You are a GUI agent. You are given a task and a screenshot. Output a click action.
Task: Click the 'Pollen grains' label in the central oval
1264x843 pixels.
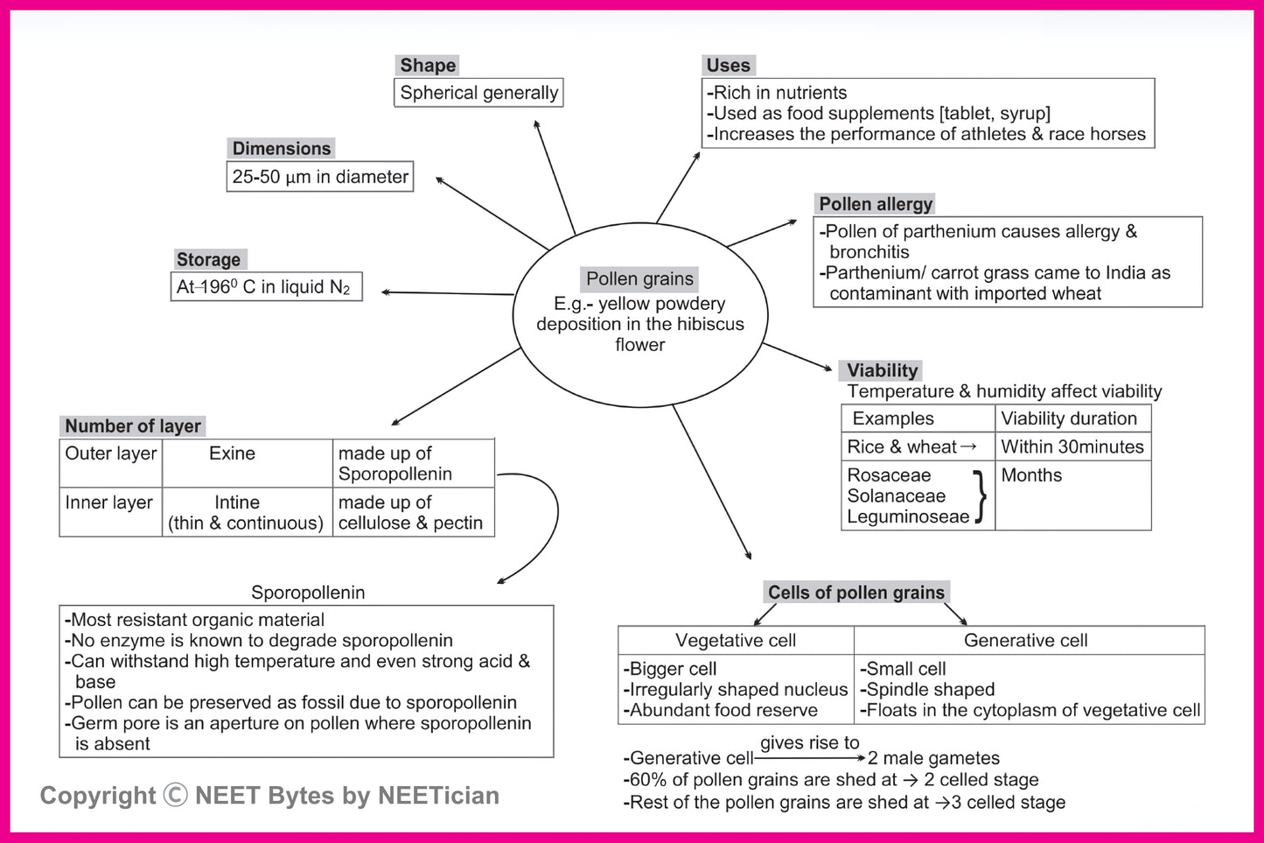pos(639,278)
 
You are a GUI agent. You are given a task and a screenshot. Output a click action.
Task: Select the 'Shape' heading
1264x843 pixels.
pos(428,66)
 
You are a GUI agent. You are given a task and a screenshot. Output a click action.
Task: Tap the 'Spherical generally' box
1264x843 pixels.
pos(478,93)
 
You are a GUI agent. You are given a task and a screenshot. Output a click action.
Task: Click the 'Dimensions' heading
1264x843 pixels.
pos(282,148)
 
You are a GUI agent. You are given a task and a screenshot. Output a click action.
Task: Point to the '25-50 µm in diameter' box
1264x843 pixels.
pos(319,177)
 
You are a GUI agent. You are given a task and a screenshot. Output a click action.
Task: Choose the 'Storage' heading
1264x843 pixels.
pos(208,259)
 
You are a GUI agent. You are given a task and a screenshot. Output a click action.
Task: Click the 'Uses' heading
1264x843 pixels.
pos(728,66)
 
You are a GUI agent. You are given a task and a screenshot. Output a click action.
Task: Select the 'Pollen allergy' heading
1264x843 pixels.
pos(875,204)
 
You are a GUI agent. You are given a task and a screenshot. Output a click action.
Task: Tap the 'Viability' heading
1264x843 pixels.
pos(882,370)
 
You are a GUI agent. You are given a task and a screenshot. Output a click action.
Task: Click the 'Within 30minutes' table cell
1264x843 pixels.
pos(1072,446)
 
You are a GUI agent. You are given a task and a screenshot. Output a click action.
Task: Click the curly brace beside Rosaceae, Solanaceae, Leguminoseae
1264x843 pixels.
pos(981,496)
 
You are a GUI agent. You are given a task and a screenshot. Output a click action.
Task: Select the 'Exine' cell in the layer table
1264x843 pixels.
pos(233,453)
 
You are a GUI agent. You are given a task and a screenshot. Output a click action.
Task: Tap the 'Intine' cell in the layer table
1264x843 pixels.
pos(238,502)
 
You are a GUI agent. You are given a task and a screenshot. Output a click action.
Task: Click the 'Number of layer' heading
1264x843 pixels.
pos(133,426)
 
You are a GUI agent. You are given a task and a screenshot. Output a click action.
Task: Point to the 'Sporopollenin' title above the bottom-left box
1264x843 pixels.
pos(308,593)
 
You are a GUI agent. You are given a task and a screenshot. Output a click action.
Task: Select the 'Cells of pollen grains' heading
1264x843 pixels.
pos(856,593)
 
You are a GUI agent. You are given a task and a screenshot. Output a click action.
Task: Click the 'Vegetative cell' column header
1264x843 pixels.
pos(736,641)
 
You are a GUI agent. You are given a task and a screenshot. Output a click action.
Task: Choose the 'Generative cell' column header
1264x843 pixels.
pos(1025,641)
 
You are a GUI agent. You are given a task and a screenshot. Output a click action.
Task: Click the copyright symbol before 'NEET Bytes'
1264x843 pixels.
pos(175,795)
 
